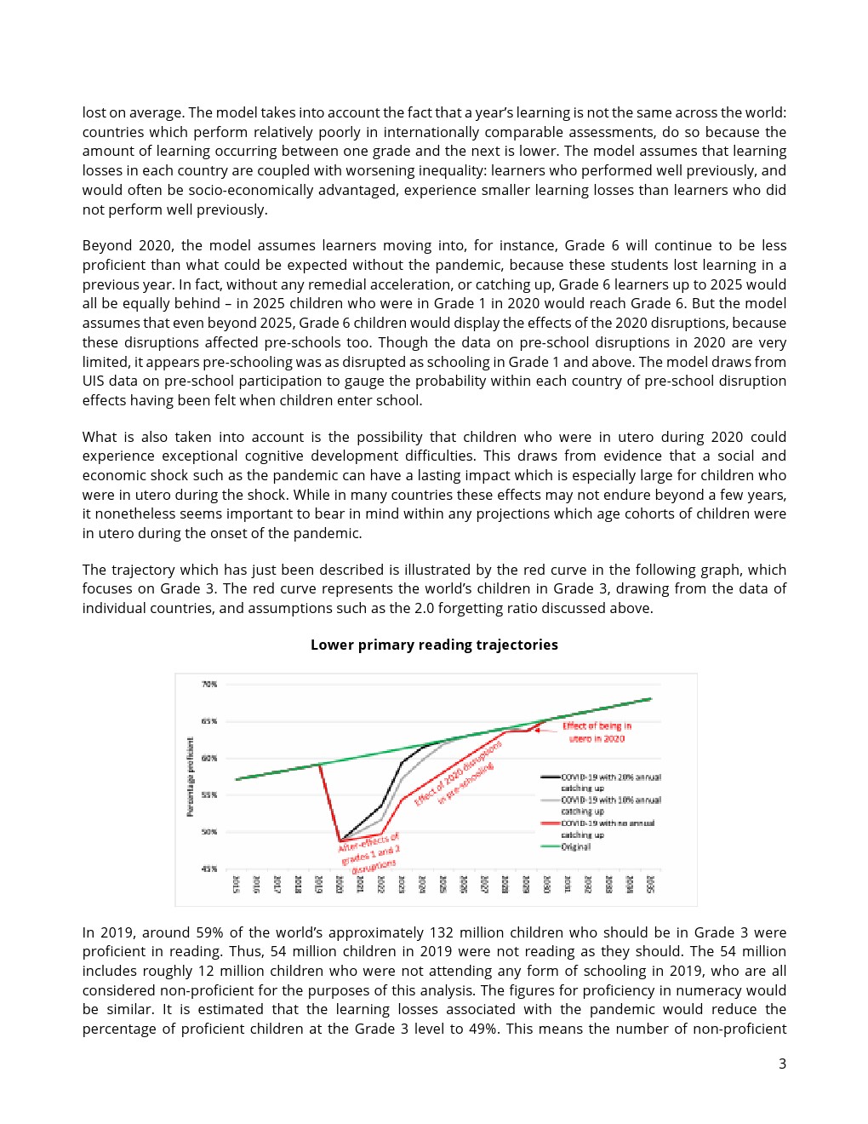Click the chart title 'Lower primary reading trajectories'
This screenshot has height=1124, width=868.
tap(434, 645)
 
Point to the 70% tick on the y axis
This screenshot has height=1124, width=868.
tap(209, 684)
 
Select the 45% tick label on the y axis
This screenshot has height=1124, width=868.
tap(209, 869)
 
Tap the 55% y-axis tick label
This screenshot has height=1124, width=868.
tap(209, 794)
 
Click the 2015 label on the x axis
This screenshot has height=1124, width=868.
tap(236, 884)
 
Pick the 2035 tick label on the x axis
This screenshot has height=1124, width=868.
tap(651, 884)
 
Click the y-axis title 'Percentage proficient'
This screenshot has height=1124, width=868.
tap(191, 777)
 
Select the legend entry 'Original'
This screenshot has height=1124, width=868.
tap(576, 846)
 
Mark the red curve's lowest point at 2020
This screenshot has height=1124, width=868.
tap(340, 841)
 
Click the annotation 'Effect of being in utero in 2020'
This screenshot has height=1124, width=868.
tap(597, 732)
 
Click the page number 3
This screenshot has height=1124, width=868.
tap(782, 1064)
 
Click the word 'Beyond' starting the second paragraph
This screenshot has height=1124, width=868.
tap(106, 245)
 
